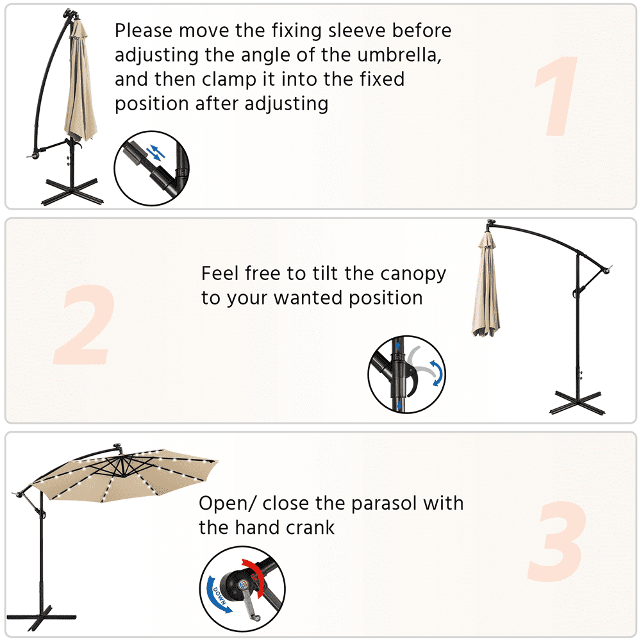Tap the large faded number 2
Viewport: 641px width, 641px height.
(x=85, y=324)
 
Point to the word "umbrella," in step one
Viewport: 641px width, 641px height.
(x=400, y=55)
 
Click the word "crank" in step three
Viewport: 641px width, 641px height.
(x=310, y=528)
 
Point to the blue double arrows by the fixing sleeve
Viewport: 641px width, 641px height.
(x=155, y=152)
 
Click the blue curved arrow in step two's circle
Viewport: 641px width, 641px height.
(x=437, y=372)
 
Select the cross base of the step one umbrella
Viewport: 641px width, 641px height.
(x=72, y=192)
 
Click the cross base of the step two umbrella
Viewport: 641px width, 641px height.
(x=578, y=403)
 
